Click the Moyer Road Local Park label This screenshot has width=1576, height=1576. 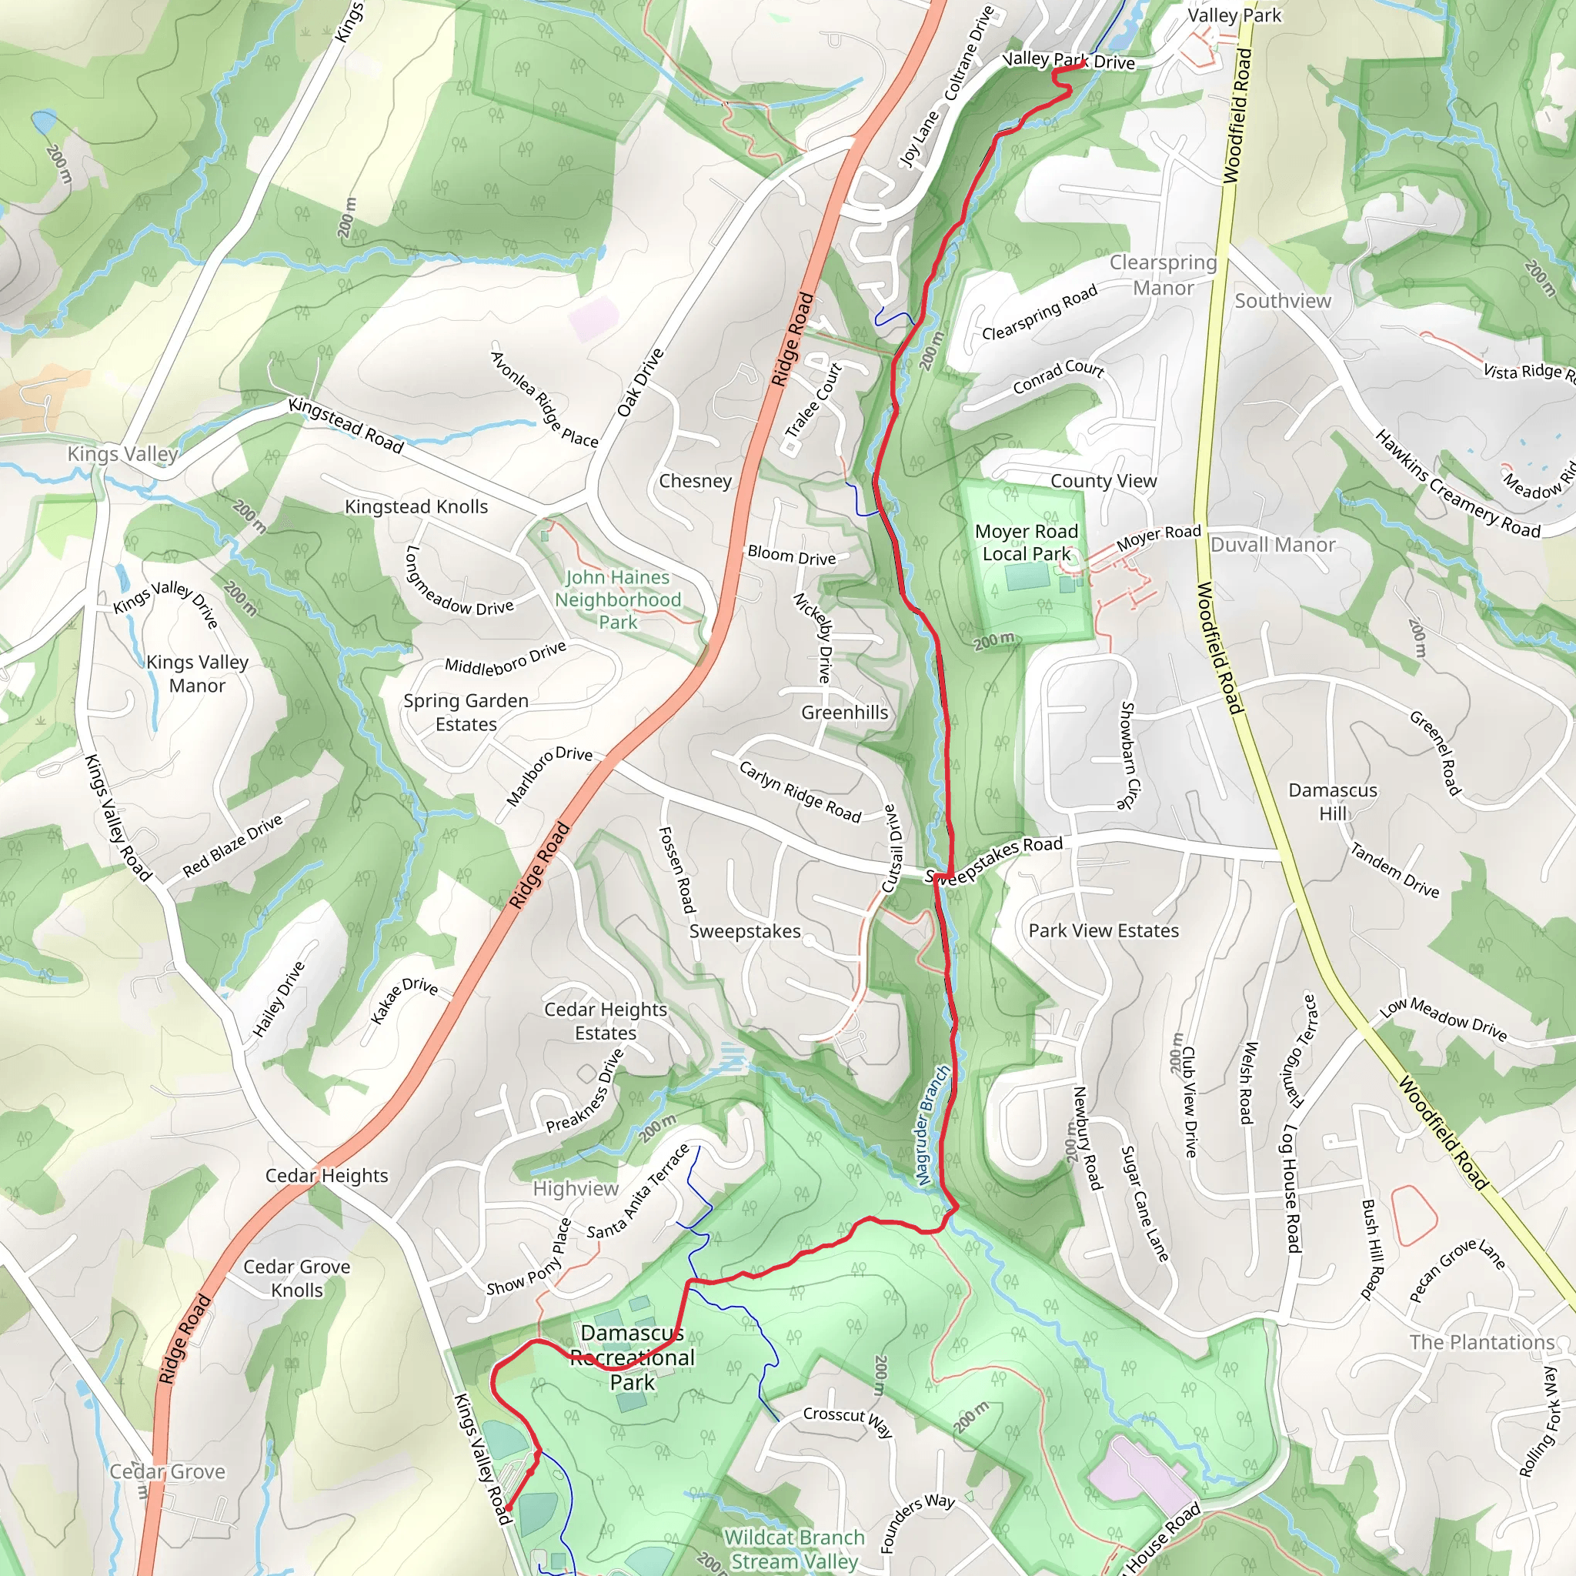[1027, 543]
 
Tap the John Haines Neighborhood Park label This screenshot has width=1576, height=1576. [617, 599]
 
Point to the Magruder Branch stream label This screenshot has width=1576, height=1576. [933, 1126]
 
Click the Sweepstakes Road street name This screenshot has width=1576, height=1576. [994, 860]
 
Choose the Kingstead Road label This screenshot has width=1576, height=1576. [346, 425]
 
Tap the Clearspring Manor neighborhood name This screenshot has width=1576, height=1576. [1163, 275]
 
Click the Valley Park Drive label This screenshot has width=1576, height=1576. [1068, 60]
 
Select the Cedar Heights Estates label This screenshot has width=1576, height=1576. [606, 1021]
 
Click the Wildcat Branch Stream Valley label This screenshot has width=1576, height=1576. [793, 1549]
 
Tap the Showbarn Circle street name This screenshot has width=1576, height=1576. [1128, 755]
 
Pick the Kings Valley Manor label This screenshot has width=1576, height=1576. [198, 674]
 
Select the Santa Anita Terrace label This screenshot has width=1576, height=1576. [639, 1192]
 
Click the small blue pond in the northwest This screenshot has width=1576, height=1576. [43, 123]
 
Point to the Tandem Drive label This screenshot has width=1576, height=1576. [1394, 870]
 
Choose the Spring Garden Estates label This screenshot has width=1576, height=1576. [466, 712]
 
